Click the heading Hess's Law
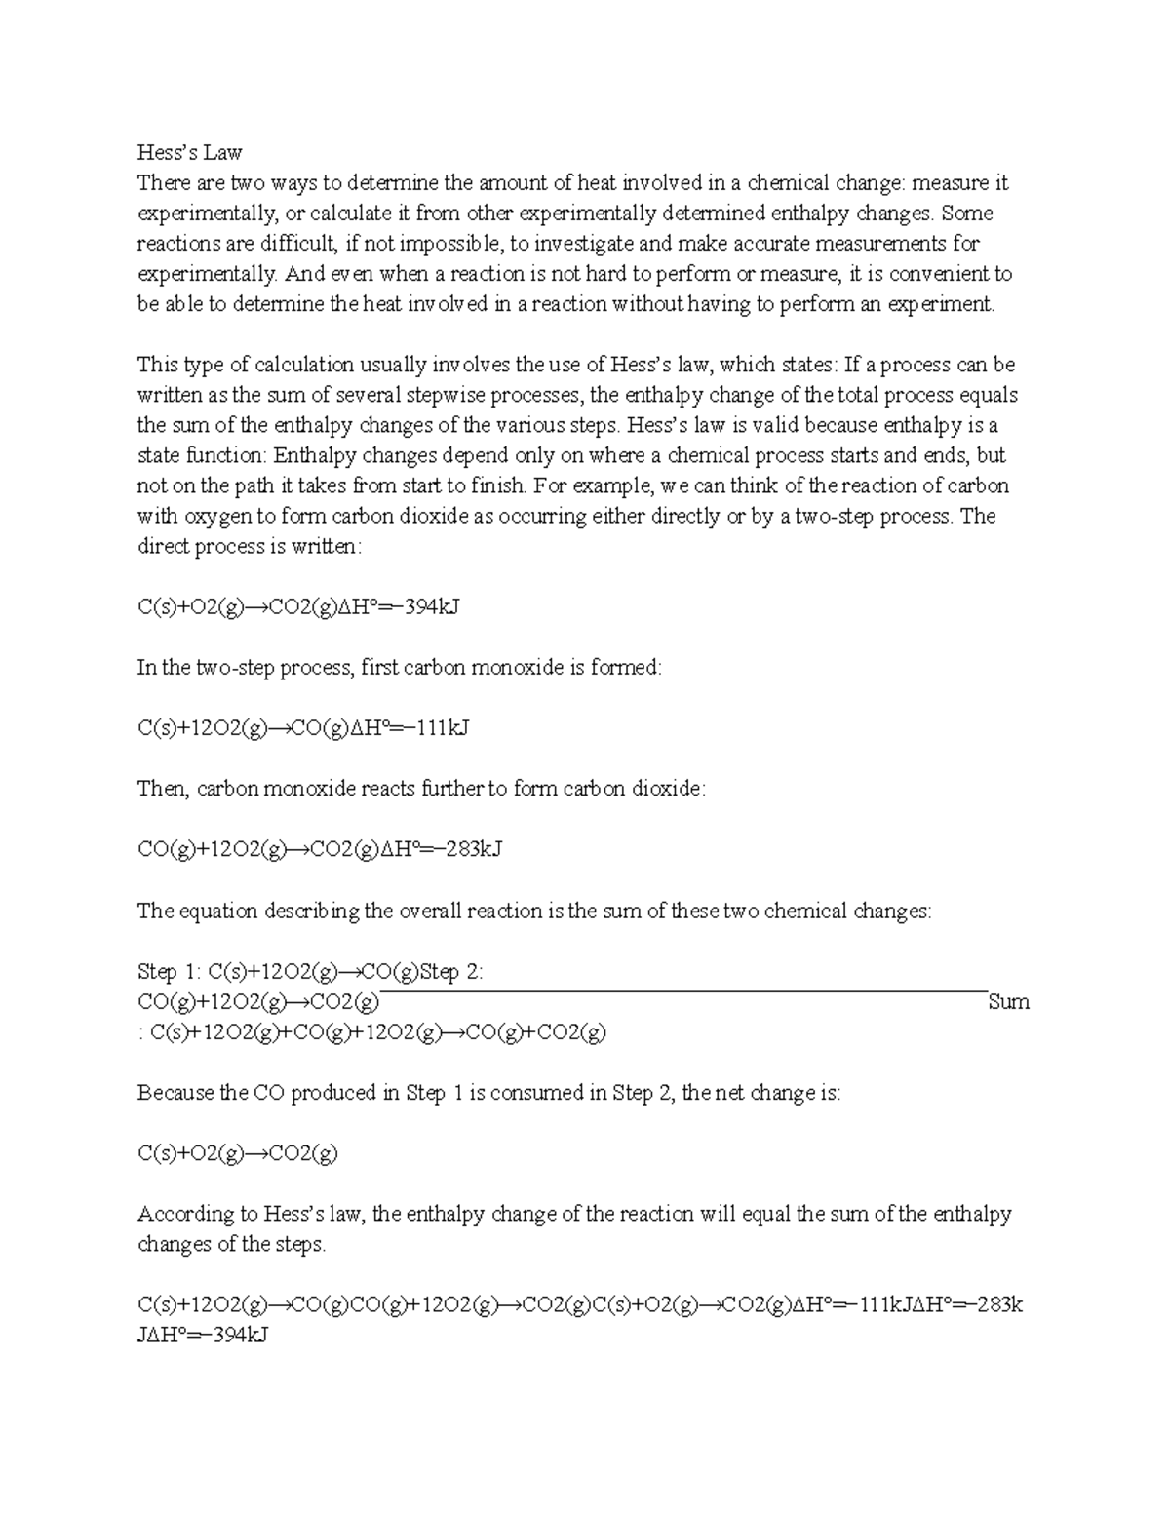(x=189, y=152)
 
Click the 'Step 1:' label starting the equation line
(x=171, y=972)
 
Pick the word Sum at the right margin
(x=1008, y=1002)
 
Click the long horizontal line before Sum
(x=682, y=991)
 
